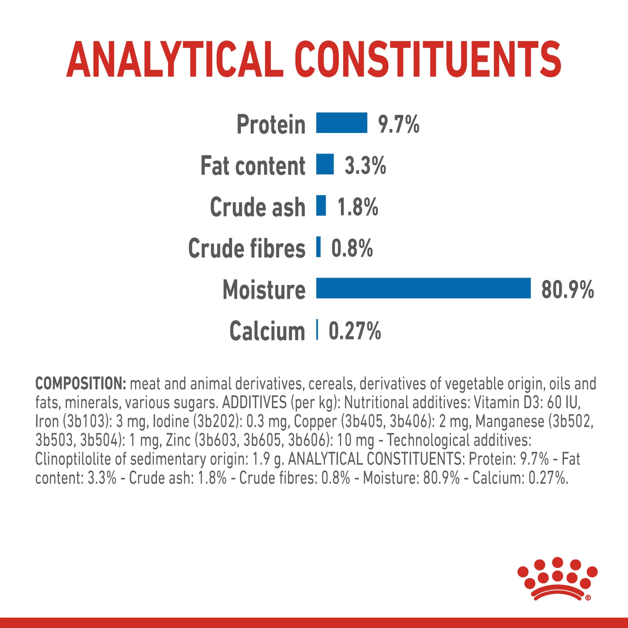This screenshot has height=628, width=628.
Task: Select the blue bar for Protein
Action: pyautogui.click(x=341, y=123)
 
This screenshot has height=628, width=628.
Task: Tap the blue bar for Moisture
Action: pyautogui.click(x=423, y=288)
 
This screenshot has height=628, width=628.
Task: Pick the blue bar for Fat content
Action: pyautogui.click(x=325, y=164)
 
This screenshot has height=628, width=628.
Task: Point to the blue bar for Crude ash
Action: pyautogui.click(x=321, y=205)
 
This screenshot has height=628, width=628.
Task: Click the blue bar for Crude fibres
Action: pyautogui.click(x=318, y=247)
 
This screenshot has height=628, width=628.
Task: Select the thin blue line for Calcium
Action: pyautogui.click(x=317, y=330)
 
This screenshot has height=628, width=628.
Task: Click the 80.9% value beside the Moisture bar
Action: pyautogui.click(x=567, y=289)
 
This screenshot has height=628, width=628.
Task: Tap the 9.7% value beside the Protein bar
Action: pyautogui.click(x=398, y=124)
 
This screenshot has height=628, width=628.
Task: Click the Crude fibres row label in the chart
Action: pyautogui.click(x=247, y=248)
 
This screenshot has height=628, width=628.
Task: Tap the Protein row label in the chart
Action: pyautogui.click(x=271, y=124)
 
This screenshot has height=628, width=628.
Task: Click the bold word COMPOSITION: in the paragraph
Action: pyautogui.click(x=80, y=384)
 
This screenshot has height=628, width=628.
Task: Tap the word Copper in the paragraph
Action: pyautogui.click(x=316, y=421)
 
